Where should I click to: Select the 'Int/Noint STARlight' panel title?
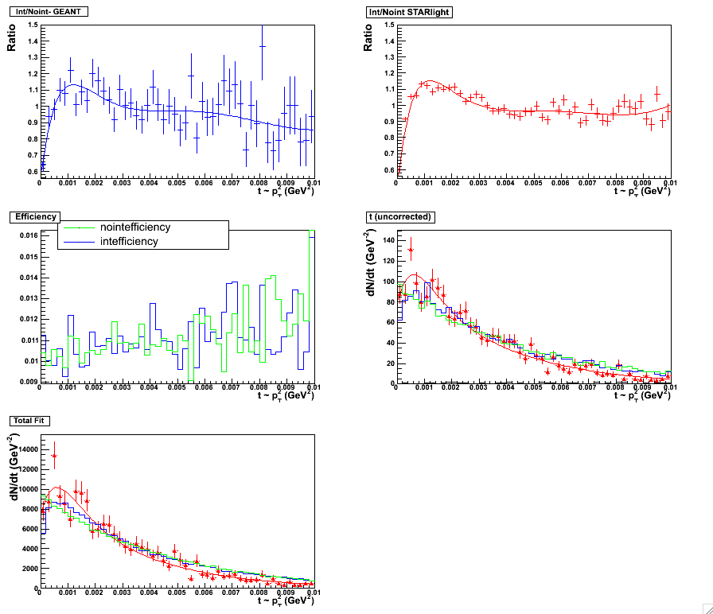[407, 11]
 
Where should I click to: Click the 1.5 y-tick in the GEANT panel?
[32, 25]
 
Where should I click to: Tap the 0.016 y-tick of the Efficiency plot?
[27, 235]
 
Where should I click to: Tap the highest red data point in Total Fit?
[54, 456]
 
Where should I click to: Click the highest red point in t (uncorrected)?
[411, 250]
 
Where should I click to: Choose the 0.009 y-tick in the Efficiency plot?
[27, 382]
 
